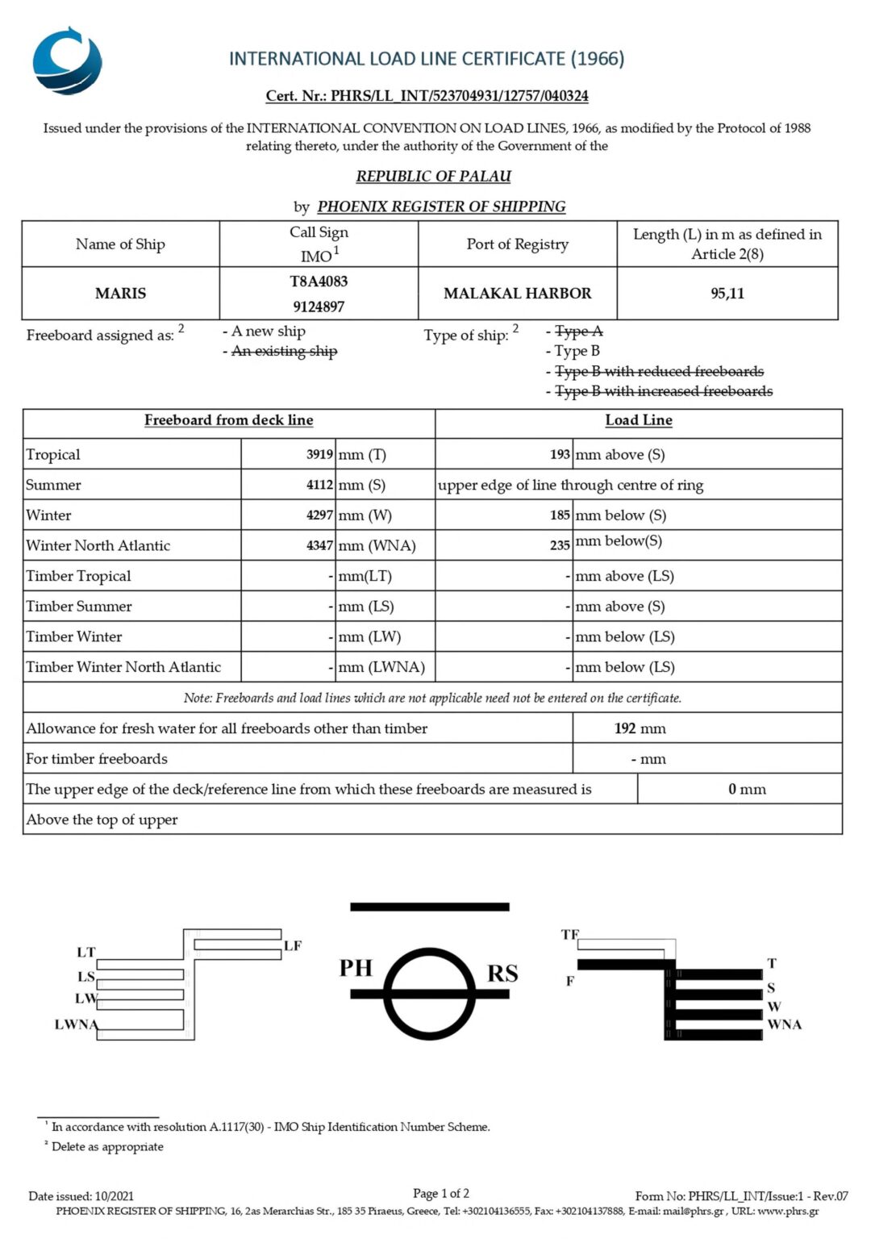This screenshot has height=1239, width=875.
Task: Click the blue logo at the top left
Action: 67,60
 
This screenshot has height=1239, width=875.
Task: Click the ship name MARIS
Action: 120,294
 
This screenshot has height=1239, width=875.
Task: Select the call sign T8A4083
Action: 319,282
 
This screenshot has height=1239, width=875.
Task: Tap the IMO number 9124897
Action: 319,307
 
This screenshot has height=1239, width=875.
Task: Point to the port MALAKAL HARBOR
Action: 517,294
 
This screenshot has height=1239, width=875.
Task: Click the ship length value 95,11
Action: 727,294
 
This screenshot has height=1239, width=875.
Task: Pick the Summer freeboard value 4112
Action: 319,485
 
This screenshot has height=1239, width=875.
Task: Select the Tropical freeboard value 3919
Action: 319,454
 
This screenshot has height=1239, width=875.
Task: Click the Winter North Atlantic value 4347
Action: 319,545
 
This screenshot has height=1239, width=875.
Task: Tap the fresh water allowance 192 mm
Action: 640,728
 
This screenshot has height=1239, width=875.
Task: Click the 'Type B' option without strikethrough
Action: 577,351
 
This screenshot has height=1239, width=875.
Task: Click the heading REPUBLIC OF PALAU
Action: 434,176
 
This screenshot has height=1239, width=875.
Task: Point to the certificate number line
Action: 427,96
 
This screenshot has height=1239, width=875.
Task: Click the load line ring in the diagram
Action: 429,994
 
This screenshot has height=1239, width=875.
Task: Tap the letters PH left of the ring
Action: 356,968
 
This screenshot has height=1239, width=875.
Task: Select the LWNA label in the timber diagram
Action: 76,1024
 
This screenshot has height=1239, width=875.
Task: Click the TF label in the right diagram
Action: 569,934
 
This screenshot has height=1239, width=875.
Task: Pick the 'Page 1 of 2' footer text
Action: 440,1193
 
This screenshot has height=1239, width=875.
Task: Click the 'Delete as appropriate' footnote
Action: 107,1147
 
